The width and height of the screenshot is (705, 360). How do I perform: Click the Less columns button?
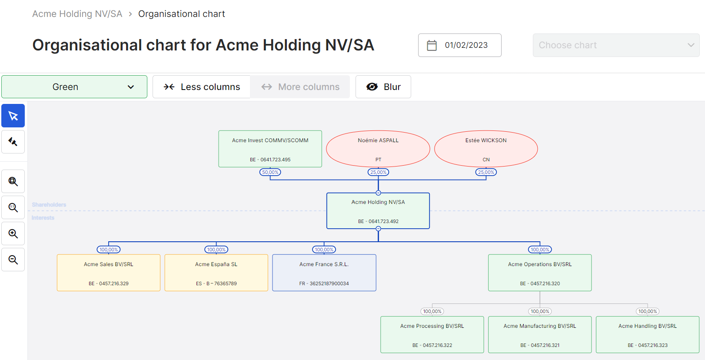click(x=202, y=87)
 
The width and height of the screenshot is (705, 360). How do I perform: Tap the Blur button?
click(x=383, y=87)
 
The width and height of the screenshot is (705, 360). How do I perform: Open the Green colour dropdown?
click(x=74, y=87)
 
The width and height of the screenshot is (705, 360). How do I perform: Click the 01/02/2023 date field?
click(x=459, y=45)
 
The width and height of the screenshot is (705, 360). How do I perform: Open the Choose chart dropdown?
click(x=615, y=45)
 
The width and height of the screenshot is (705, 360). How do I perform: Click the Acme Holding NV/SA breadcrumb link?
click(x=77, y=14)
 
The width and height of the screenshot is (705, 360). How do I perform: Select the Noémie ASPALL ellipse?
click(x=378, y=149)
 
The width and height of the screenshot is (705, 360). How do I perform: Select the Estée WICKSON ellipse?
click(x=486, y=149)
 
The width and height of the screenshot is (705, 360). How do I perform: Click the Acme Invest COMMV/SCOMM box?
click(x=270, y=149)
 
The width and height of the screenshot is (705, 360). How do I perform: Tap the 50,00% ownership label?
click(x=270, y=172)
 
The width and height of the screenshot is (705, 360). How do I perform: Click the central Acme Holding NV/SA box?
click(x=378, y=211)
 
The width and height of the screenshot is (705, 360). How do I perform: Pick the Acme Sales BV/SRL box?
click(x=109, y=273)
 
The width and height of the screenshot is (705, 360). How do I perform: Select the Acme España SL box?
click(x=216, y=273)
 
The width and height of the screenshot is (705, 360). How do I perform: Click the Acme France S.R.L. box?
click(x=324, y=273)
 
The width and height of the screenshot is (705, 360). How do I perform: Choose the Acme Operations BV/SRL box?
click(x=540, y=273)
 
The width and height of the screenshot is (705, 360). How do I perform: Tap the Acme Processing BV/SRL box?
click(x=432, y=335)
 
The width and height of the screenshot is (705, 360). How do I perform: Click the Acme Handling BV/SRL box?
click(x=647, y=335)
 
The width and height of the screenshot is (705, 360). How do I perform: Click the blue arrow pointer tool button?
click(x=13, y=116)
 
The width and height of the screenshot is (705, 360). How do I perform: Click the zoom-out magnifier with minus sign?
click(x=13, y=260)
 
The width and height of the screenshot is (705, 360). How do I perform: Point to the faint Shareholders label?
click(x=49, y=205)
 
